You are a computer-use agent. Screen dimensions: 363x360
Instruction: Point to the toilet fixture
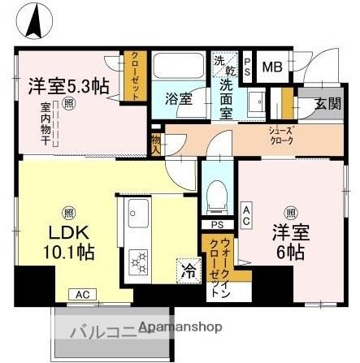(215, 193)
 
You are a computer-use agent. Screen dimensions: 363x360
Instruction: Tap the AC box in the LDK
(81, 295)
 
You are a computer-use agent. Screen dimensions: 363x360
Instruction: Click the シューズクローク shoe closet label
(280, 134)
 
